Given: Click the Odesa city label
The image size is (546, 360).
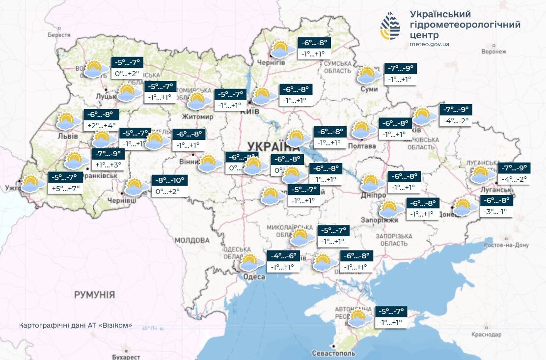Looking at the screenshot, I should pyautogui.click(x=254, y=277).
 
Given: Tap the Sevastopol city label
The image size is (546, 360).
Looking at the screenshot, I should pyautogui.click(x=333, y=353).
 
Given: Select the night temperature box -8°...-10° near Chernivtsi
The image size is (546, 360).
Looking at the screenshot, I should pyautogui.click(x=167, y=180).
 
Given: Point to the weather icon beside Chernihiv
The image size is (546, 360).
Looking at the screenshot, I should pyautogui.click(x=280, y=50).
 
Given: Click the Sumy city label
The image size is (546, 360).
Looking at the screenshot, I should pyautogui.click(x=369, y=89).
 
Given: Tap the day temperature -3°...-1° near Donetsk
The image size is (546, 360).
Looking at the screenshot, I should pyautogui.click(x=497, y=212).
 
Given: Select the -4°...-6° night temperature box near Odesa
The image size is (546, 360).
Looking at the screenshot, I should pyautogui.click(x=283, y=256).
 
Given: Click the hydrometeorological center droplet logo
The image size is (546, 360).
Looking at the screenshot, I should pyautogui.click(x=390, y=26).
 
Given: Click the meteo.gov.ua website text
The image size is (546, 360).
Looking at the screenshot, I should pyautogui.click(x=429, y=44).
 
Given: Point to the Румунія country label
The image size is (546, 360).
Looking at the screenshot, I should pyautogui.click(x=94, y=295).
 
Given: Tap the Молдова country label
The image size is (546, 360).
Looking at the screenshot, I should pyautogui.click(x=191, y=241).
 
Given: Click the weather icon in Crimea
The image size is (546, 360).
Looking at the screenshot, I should pyautogui.click(x=358, y=318).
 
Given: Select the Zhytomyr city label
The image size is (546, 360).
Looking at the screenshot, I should pyautogui.click(x=197, y=117).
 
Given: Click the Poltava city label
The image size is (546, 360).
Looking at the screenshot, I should pyautogui.click(x=361, y=146).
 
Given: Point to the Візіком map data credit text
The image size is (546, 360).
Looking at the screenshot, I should pyautogui.click(x=76, y=326).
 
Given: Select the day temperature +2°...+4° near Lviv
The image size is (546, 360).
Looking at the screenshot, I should pyautogui.click(x=101, y=125).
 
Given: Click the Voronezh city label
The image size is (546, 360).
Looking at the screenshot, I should pyautogui.click(x=494, y=51).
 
